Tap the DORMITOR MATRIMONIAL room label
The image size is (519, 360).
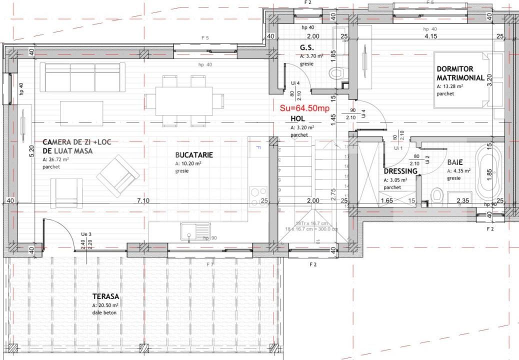(x=460, y=73)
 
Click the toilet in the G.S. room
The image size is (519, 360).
(x=336, y=73)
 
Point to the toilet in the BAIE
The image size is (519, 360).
(x=437, y=195)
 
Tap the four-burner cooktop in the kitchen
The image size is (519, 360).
(x=258, y=196)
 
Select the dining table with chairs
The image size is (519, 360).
(x=184, y=101)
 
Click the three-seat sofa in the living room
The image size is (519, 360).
(x=82, y=77)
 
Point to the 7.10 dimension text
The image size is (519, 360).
(x=143, y=200)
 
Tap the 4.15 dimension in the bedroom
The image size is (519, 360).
(x=430, y=36)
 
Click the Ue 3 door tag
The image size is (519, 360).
(x=86, y=234)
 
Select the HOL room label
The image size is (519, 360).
(x=297, y=119)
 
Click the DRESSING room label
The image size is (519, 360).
(x=400, y=171)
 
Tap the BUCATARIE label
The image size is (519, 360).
(x=194, y=155)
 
